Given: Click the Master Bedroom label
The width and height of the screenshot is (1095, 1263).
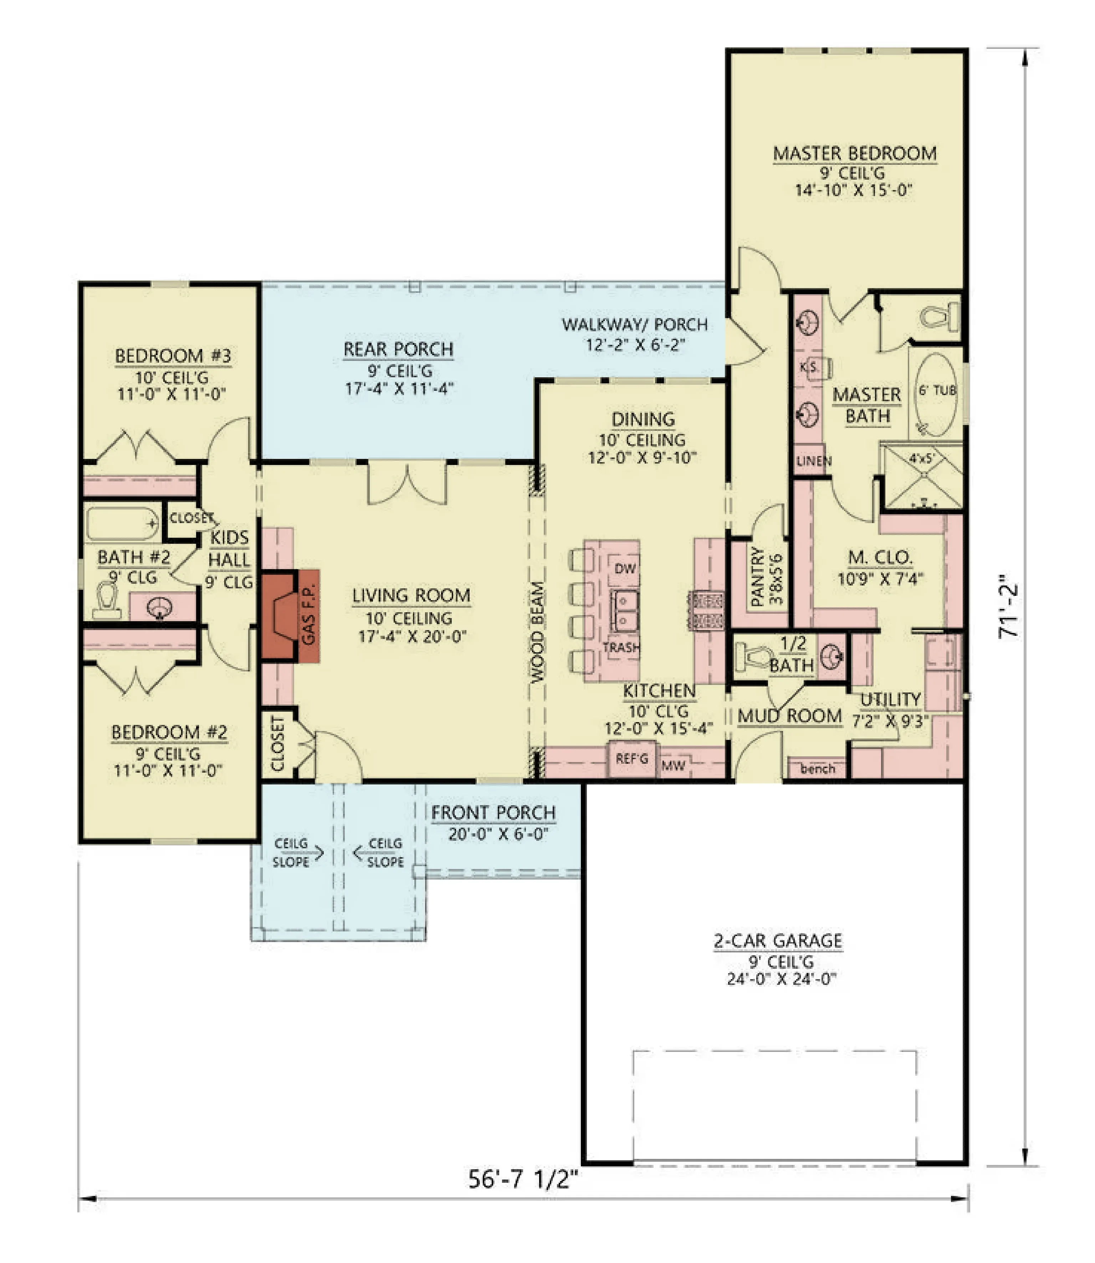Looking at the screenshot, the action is [854, 153].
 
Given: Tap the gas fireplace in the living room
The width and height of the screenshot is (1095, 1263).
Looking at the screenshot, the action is [290, 615].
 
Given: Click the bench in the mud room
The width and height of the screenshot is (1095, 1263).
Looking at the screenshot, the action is [817, 768].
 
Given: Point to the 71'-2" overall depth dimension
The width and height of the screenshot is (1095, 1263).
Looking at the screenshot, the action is [1009, 607].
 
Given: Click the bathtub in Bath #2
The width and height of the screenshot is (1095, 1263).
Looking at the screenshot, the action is [122, 524].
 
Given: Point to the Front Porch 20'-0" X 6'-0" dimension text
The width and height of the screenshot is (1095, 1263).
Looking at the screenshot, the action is [498, 834].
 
